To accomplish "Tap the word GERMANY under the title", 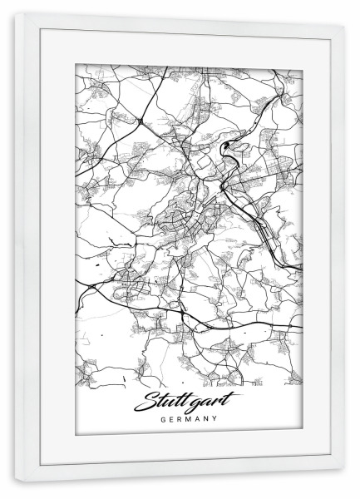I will coord(180,419).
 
